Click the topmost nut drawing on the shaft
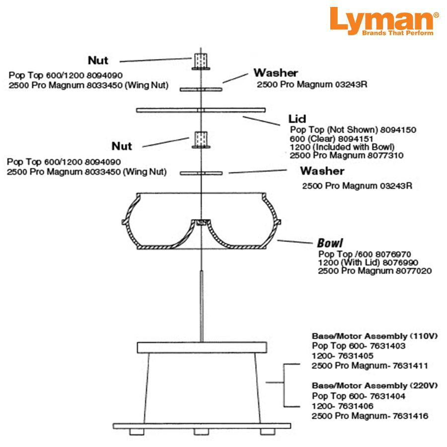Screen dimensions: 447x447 pos(201,62)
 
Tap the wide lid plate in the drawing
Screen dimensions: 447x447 pos(201,109)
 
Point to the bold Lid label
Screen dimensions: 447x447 pos(297,119)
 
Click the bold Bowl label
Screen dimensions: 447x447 pos(330,243)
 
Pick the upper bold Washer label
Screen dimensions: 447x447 pos(276,73)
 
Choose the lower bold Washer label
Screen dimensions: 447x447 pos(321,171)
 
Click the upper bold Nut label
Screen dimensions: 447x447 pos(98,61)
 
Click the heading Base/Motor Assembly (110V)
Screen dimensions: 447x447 pos(374,336)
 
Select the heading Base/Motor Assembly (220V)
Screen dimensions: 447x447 pos(374,385)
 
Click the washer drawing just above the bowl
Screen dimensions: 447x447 pos(201,173)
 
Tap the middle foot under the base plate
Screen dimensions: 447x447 pos(201,431)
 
